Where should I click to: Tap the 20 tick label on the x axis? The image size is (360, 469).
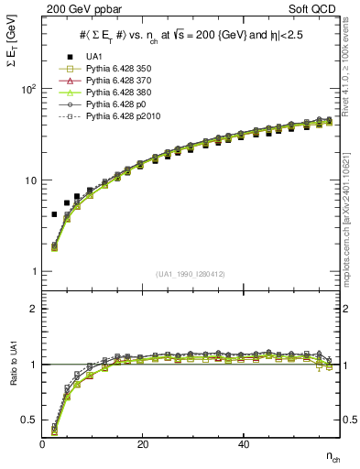coord(142,443)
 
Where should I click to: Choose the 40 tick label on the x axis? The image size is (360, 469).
coord(243,443)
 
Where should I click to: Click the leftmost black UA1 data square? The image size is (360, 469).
coord(54,214)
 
